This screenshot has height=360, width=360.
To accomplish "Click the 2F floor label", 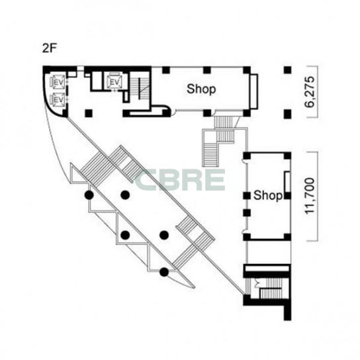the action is (49, 48).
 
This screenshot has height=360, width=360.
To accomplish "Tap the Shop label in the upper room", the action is (201, 89).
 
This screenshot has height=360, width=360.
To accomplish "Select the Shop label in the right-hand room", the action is (268, 195).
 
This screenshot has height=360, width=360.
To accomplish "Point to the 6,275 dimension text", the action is (310, 92).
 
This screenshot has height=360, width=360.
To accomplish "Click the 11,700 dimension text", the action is (310, 197).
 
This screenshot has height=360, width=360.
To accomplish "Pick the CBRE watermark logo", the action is (180, 180).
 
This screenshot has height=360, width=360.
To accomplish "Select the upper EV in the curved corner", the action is (58, 82).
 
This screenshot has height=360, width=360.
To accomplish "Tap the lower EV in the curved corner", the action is (58, 100).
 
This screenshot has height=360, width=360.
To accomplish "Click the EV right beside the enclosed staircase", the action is (114, 81).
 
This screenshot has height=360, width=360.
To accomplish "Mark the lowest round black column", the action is (164, 272).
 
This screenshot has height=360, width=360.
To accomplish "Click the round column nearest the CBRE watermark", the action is (125, 195).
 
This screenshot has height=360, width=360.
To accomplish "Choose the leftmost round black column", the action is (89, 195).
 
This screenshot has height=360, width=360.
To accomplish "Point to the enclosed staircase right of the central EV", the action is (140, 88).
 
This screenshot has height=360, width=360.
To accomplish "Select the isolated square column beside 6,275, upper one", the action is (287, 70).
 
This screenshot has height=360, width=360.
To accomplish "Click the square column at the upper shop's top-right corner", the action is (247, 70).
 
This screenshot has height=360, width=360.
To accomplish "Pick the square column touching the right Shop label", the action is (287, 196).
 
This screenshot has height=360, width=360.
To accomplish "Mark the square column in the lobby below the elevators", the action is (89, 113).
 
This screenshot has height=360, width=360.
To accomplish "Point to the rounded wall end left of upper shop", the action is (167, 111).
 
